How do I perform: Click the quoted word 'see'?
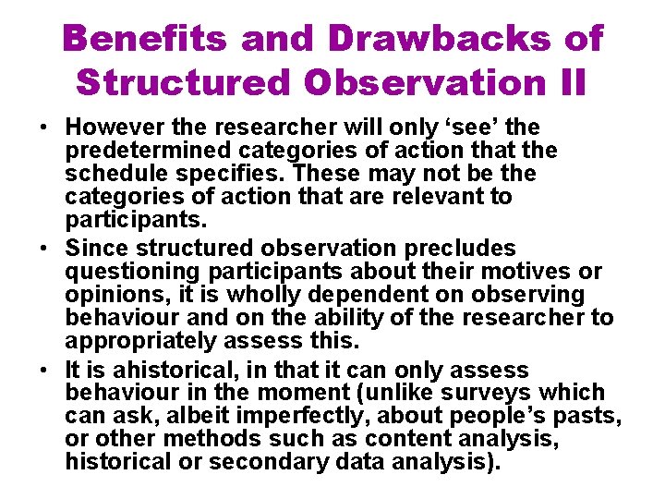[x=462, y=128]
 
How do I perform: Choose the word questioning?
[x=130, y=272]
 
